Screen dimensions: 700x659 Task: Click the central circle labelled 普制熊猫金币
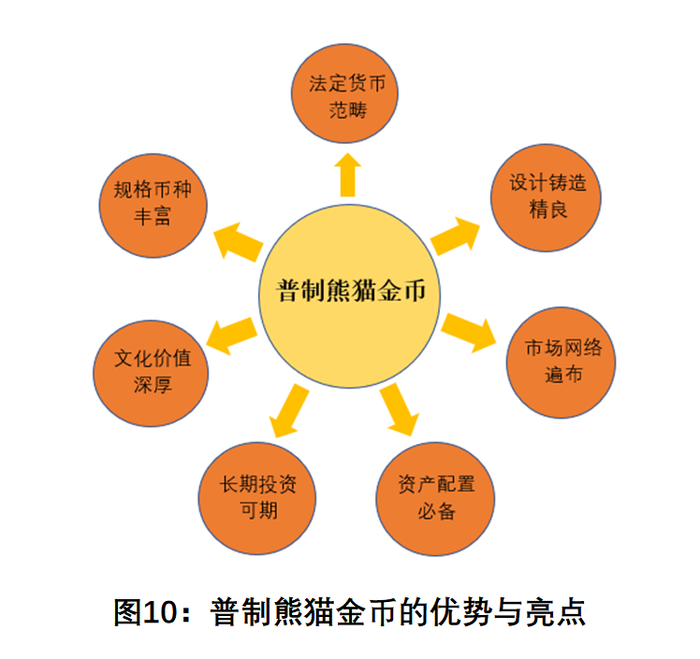pos(350,296)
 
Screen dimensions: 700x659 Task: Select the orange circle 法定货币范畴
pos(344,93)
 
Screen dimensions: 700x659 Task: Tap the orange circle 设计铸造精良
pos(546,197)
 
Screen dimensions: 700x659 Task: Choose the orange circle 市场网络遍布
pos(561,363)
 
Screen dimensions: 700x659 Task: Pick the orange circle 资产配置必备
pos(435,499)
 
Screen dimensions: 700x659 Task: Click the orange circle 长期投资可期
pos(257,498)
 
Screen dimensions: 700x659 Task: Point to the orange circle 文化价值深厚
pos(151,373)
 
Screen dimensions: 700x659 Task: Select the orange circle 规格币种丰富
pos(153,206)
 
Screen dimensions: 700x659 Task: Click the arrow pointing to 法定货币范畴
pos(347,175)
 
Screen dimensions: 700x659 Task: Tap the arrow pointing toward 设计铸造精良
pos(455,236)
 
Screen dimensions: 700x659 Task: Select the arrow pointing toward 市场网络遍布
pos(468,333)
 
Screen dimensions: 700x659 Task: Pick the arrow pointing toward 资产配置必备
pos(400,409)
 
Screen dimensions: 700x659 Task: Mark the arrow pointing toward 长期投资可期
pos(289,410)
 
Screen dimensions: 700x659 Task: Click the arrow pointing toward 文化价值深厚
pos(231,337)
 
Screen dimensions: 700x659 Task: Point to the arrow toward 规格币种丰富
pos(239,242)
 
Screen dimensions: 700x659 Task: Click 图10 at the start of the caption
pos(146,612)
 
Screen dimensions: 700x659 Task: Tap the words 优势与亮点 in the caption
pos(508,612)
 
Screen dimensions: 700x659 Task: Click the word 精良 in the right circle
pos(548,209)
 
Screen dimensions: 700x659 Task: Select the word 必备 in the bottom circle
pos(437,511)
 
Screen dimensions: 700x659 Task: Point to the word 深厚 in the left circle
pos(153,385)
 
